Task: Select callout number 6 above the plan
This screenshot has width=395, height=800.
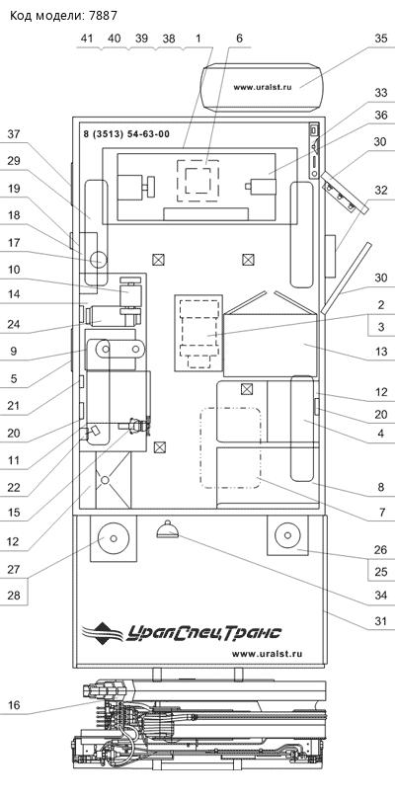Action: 238,39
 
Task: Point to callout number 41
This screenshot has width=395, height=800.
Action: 87,39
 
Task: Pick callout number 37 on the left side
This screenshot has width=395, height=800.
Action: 14,135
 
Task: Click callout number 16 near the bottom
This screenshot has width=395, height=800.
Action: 14,706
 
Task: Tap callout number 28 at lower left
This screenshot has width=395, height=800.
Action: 14,596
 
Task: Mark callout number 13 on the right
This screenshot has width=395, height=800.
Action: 380,352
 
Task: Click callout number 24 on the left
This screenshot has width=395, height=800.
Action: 14,323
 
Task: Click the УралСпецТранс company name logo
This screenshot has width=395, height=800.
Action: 183,632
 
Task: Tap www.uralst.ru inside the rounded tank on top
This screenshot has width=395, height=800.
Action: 263,87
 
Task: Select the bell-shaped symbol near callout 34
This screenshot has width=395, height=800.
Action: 167,530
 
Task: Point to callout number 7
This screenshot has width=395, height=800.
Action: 380,513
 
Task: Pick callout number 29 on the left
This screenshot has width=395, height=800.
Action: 14,161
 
